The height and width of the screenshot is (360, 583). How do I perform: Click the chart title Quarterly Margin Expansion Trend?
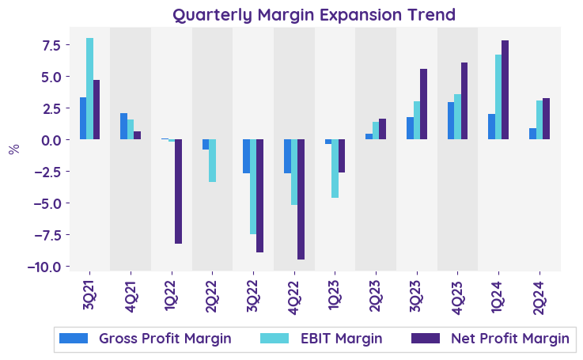[314, 15]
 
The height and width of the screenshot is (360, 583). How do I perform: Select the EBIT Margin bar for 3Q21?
[89, 89]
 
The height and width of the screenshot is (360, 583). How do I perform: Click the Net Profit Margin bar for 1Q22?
[178, 191]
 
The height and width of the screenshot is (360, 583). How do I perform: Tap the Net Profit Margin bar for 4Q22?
[301, 199]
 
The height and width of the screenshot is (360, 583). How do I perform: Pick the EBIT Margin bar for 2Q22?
[212, 161]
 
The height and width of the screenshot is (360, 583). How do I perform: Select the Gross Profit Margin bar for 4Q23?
[450, 121]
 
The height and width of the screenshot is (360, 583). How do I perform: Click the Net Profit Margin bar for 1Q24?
[505, 90]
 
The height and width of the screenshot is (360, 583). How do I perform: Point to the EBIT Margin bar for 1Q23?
[335, 169]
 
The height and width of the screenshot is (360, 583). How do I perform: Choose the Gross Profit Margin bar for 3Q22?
[246, 157]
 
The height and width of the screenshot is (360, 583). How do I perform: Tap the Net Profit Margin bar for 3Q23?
[423, 104]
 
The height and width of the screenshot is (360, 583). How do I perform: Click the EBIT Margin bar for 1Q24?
[498, 97]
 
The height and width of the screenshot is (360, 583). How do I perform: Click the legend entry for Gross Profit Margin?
[146, 339]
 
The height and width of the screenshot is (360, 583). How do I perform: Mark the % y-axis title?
[13, 149]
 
